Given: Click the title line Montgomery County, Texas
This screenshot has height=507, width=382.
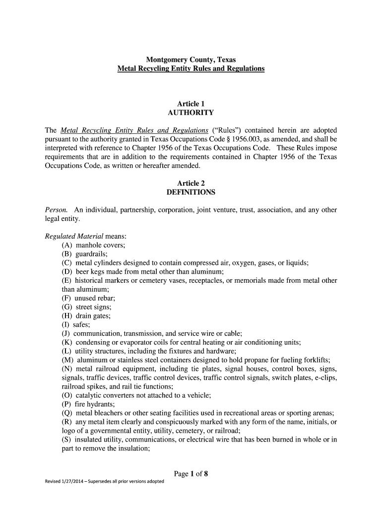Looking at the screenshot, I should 191,59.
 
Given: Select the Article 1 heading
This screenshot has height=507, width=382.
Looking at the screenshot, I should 191,103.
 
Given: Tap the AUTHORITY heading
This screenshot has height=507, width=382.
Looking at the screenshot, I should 191,113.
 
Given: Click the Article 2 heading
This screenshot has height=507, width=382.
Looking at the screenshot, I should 191,183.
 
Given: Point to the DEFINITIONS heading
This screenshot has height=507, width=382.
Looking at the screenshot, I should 191,192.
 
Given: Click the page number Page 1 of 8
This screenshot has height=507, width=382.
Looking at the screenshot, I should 191,474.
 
